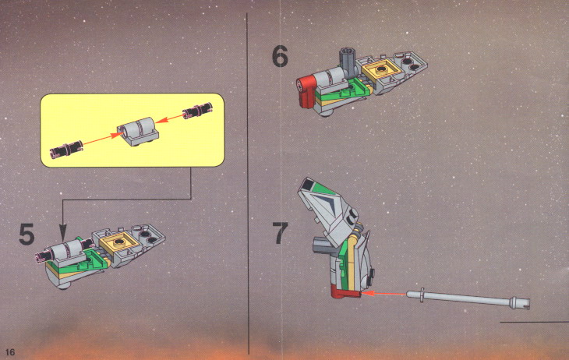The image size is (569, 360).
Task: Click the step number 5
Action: [27, 234]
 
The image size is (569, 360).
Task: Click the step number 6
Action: [280, 56]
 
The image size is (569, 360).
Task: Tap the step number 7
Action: [280, 233]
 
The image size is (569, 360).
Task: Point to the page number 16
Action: [10, 352]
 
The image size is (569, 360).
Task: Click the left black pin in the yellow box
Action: [66, 149]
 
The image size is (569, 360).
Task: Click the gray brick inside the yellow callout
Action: [138, 131]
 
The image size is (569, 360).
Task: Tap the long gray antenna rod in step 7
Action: [468, 298]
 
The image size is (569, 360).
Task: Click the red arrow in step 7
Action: [383, 293]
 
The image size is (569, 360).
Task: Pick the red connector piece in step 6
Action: [306, 91]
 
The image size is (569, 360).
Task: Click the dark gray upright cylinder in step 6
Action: [347, 62]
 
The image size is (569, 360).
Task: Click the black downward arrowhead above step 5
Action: [63, 232]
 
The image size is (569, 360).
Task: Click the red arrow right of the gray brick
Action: [171, 118]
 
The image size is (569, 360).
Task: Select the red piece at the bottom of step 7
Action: [345, 291]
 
